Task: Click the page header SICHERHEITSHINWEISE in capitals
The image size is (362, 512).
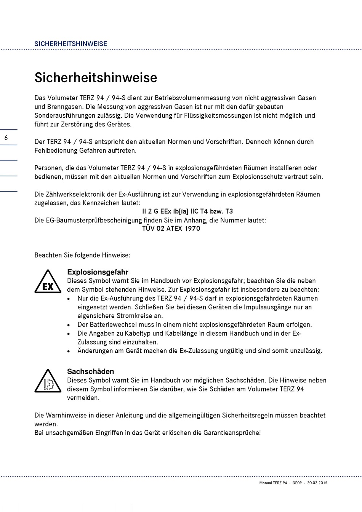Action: [70, 44]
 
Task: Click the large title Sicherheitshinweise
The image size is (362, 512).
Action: [96, 77]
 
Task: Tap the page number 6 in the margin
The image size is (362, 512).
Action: [6, 138]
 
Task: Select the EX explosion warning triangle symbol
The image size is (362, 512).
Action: [48, 282]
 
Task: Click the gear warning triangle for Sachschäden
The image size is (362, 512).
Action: [48, 381]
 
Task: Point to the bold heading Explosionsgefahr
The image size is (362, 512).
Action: [98, 272]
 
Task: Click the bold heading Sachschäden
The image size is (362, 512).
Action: [90, 371]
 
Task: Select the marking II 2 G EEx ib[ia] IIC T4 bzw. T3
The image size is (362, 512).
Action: [187, 211]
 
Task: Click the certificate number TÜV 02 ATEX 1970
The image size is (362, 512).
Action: [171, 229]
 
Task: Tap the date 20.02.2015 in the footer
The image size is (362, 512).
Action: [317, 483]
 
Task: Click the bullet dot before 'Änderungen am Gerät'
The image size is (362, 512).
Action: [69, 351]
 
